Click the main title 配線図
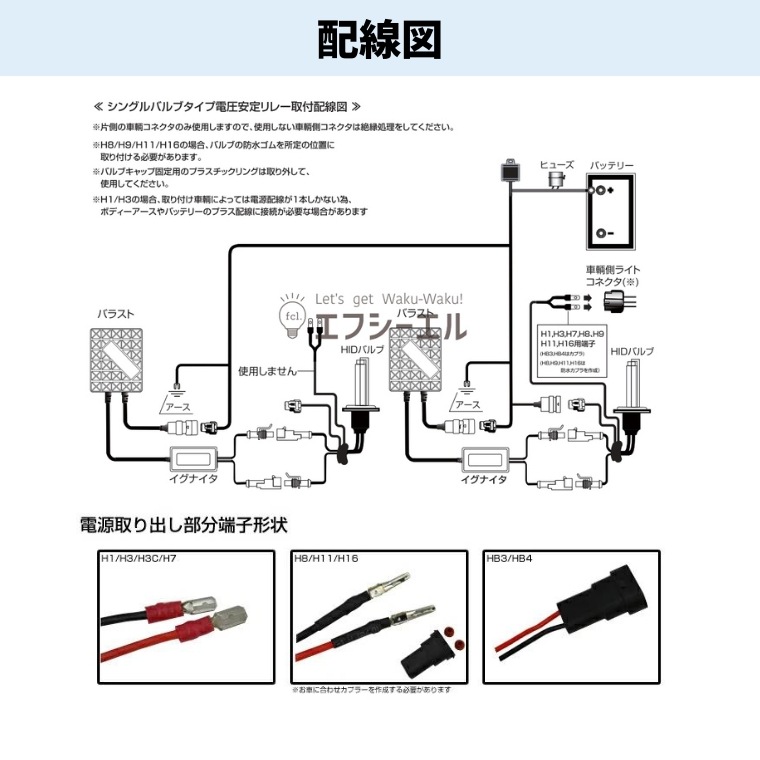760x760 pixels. point(379,39)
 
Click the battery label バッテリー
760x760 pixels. point(611,164)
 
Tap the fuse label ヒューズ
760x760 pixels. point(557,163)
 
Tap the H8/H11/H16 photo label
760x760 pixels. point(325,560)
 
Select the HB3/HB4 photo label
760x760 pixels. point(509,560)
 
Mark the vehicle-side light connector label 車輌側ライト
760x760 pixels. point(613,269)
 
